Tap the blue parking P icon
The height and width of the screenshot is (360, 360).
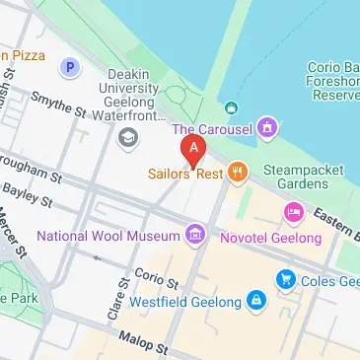69,68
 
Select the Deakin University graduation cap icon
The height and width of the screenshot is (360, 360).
127,136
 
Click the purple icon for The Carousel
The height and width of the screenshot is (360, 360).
266,128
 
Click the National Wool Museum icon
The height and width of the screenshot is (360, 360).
195,235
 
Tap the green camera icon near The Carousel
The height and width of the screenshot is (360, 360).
230,107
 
